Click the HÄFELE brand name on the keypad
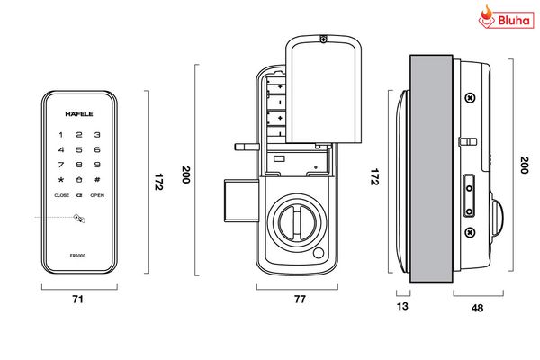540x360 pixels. [x=78, y=114]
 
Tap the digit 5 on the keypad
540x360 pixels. [x=79, y=149]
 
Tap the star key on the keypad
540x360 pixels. [x=61, y=180]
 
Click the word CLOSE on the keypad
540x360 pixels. [x=61, y=195]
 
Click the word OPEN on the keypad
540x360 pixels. [x=97, y=195]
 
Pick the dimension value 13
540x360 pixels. [x=402, y=307]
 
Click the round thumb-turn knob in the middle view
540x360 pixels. [x=292, y=220]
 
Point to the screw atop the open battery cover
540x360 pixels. [x=322, y=39]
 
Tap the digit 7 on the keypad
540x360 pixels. [x=61, y=165]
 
